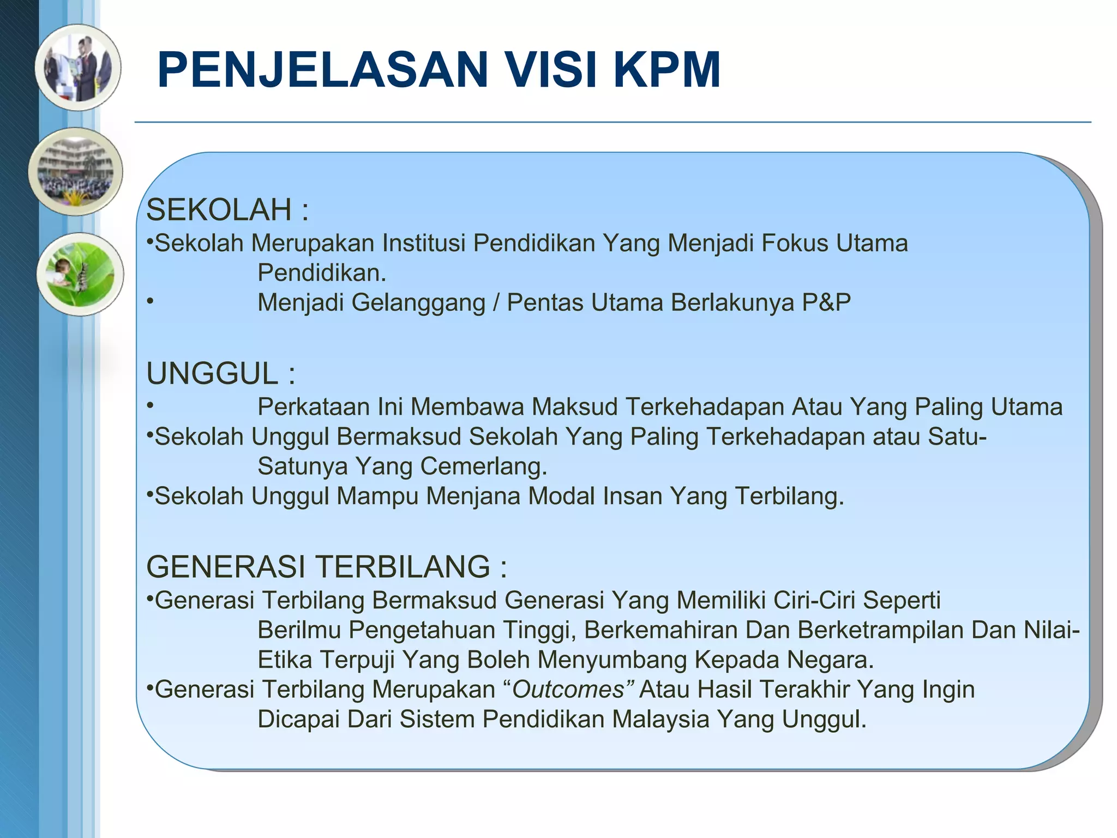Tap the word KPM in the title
point(666,70)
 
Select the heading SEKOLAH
point(219,209)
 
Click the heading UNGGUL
point(212,374)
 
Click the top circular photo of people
point(78,67)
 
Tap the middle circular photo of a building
point(76,171)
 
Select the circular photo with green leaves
point(80,274)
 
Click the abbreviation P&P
point(826,302)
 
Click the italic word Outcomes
point(567,690)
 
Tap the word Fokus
point(795,243)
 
